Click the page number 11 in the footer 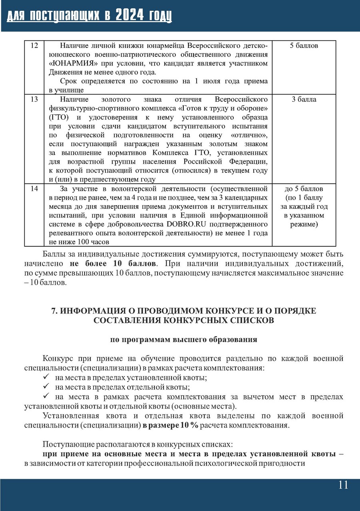(343, 485)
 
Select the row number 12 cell (34, 46)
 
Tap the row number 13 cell (34, 99)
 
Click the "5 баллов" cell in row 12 (304, 46)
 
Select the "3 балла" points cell (304, 99)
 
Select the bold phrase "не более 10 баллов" (113, 264)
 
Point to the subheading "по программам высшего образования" (184, 340)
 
